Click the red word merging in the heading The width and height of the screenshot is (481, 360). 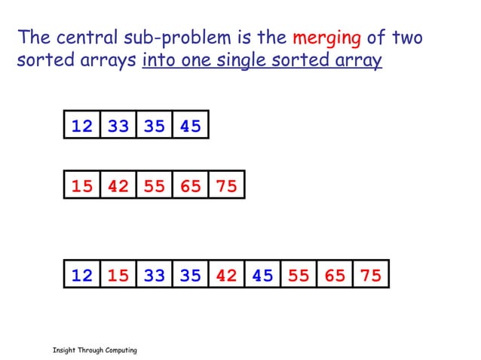(x=326, y=38)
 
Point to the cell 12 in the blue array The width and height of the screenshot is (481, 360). (x=81, y=126)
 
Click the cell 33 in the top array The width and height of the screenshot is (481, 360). (x=118, y=126)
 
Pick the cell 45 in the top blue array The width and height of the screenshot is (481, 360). (x=190, y=126)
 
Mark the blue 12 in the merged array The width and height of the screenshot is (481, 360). (x=81, y=276)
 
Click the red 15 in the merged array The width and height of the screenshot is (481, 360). (x=118, y=276)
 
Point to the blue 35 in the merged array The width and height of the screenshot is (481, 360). (x=190, y=276)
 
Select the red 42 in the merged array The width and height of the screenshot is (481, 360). (x=226, y=276)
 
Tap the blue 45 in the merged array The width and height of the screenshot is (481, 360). (x=262, y=276)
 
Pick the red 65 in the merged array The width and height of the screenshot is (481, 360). (x=335, y=276)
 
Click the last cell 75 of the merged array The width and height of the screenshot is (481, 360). (x=371, y=276)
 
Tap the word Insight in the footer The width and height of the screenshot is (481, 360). (x=63, y=351)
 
